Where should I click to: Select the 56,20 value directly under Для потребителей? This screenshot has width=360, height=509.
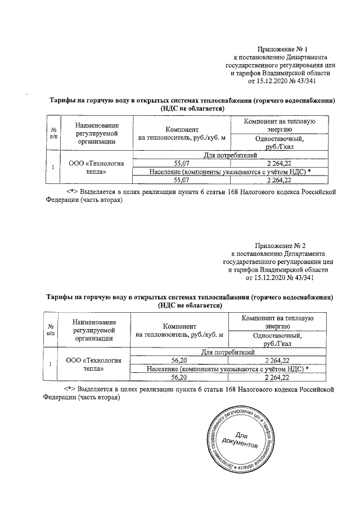(x=178, y=360)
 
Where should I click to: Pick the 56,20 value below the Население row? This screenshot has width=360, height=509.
(x=178, y=377)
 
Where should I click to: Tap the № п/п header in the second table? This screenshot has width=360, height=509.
(x=51, y=330)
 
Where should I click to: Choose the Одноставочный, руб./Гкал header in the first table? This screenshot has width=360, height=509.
(x=279, y=142)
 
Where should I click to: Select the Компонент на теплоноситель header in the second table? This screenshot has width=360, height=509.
(x=179, y=330)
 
